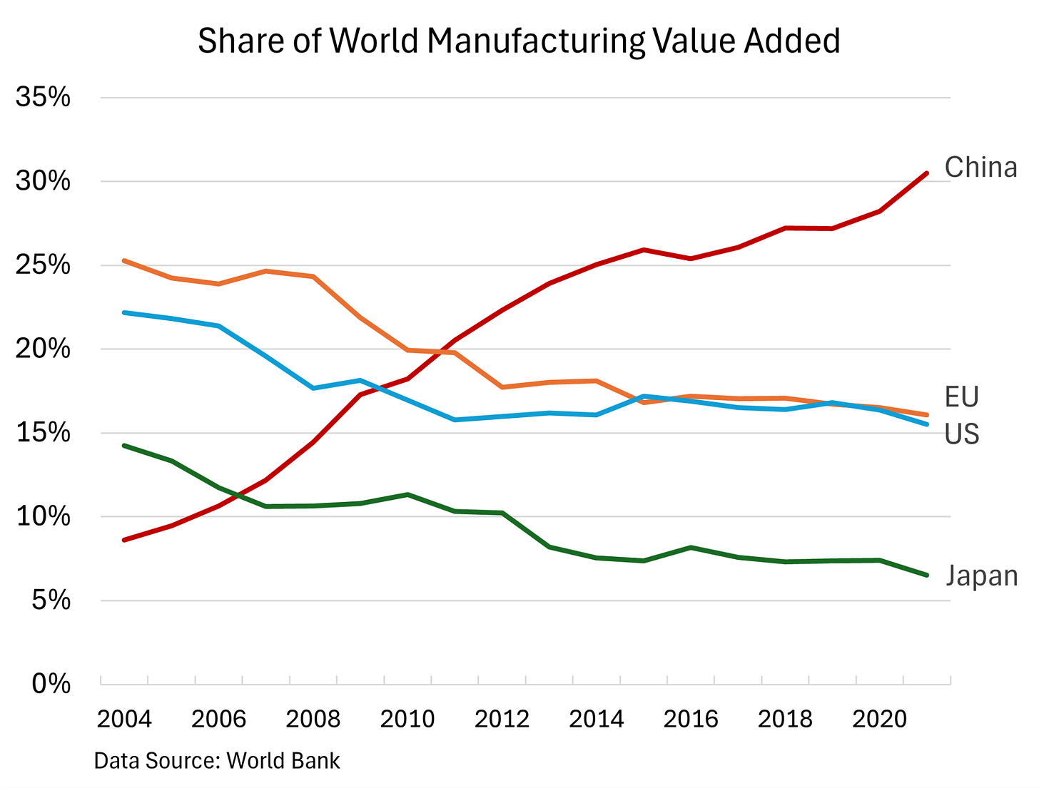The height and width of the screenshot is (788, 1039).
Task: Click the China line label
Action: pos(980,168)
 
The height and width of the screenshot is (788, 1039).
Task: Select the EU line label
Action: pos(961,397)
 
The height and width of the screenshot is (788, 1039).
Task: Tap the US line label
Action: pos(961,434)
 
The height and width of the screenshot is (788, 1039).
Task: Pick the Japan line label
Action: pos(981,576)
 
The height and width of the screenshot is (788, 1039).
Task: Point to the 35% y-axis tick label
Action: pos(43,98)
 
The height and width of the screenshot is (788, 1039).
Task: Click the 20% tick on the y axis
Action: pos(43,349)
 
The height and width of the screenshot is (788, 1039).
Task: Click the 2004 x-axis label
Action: pos(124,719)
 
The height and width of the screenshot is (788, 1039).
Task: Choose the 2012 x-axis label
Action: pos(502,719)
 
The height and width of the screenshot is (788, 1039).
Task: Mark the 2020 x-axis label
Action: pos(879,719)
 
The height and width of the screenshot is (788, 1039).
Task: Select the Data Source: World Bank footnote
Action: pos(217,761)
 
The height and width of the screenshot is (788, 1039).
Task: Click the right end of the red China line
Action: pos(926,173)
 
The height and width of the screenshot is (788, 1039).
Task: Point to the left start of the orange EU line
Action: pos(124,260)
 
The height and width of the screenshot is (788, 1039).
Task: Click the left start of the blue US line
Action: pos(124,312)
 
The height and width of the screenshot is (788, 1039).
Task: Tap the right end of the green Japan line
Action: pos(926,575)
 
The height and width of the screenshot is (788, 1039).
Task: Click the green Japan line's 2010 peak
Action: pos(407,494)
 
